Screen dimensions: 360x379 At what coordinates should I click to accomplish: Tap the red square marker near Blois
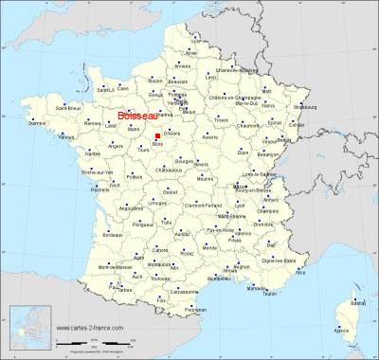pyautogui.click(x=157, y=136)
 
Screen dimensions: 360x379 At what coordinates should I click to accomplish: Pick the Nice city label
pyautogui.click(x=302, y=266)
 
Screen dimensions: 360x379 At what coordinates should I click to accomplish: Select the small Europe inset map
pyautogui.click(x=29, y=331)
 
